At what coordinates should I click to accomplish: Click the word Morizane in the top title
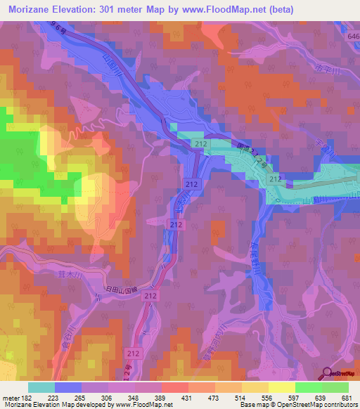point(33,9)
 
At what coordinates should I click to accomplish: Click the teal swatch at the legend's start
point(41,387)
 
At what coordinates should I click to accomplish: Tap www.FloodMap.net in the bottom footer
point(147,404)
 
